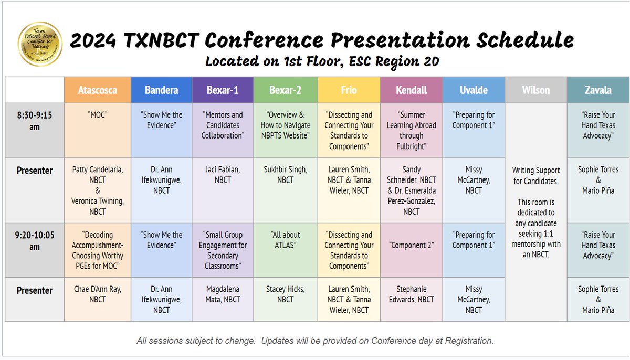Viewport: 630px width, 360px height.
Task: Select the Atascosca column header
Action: [97, 90]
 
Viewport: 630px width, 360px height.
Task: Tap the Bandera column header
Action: [161, 90]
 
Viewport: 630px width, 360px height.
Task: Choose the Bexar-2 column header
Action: [286, 90]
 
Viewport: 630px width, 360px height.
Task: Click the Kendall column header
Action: [411, 90]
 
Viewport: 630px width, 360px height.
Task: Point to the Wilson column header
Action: [536, 90]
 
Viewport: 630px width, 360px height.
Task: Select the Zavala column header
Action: [597, 90]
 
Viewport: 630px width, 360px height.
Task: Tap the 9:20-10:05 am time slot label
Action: [35, 240]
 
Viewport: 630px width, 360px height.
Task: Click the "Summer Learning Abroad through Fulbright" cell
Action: [411, 130]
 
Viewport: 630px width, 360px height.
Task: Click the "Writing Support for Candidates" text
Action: [536, 175]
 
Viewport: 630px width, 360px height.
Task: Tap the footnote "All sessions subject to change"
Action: [315, 341]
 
